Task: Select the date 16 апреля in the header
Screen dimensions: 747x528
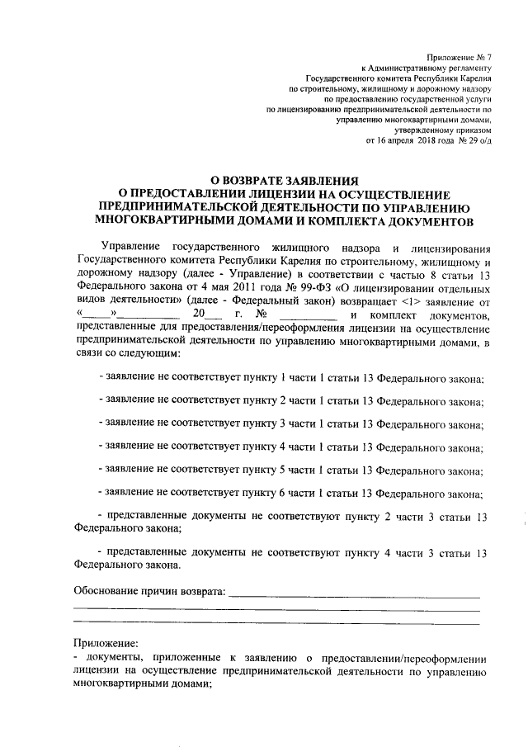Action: [402, 140]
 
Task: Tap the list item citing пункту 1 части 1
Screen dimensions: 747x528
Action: [291, 378]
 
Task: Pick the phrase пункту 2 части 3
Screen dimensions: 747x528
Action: [357, 517]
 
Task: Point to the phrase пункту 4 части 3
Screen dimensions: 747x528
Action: [357, 552]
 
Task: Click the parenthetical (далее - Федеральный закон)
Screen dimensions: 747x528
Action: [265, 300]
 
